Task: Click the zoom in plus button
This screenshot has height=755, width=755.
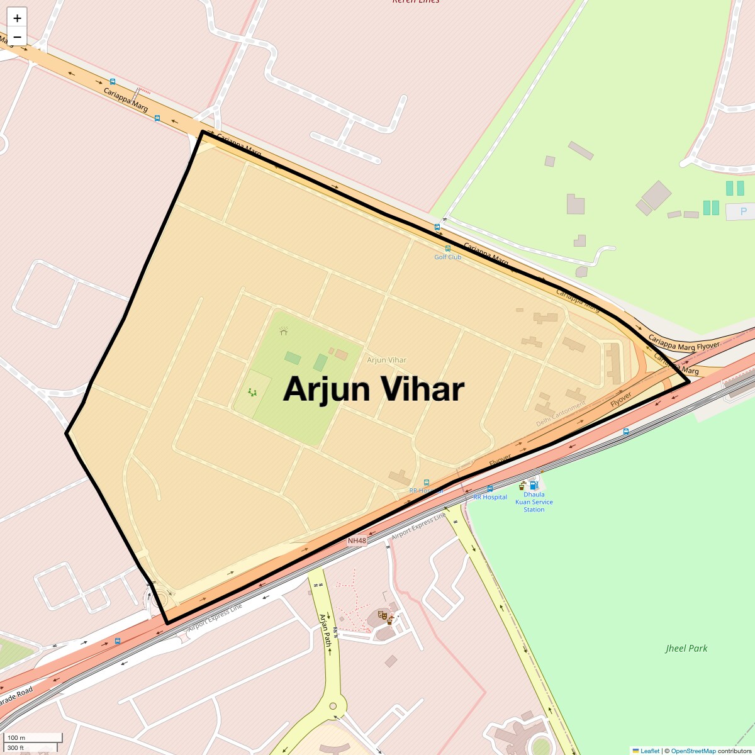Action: [17, 18]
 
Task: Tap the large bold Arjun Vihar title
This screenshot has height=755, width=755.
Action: [374, 389]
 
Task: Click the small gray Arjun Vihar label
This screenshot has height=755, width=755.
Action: [386, 360]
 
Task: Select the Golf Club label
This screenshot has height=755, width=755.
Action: [447, 257]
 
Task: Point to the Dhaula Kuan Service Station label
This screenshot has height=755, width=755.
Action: [534, 502]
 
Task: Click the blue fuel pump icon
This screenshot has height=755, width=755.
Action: [534, 485]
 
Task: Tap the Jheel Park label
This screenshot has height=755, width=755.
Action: [686, 648]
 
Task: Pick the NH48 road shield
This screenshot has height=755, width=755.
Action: [357, 540]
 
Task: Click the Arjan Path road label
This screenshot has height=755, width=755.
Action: [325, 630]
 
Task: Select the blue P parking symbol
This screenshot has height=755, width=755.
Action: [743, 211]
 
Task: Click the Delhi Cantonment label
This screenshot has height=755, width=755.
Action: [561, 414]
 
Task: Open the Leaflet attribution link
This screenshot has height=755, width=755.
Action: [649, 751]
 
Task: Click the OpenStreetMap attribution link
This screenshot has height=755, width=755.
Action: [693, 751]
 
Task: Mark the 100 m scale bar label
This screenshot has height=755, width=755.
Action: [16, 737]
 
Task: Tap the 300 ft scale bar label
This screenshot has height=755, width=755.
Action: [16, 747]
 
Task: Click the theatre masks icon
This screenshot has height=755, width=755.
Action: [382, 615]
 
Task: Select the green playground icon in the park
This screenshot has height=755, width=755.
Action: [252, 392]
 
